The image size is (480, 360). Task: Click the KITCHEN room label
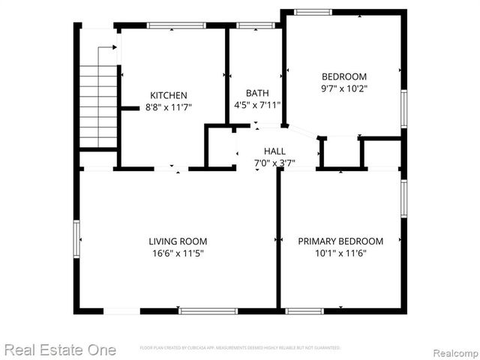(169, 95)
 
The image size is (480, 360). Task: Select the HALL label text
(274, 151)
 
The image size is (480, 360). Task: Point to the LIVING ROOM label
(178, 241)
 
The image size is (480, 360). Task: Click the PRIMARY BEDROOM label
(340, 241)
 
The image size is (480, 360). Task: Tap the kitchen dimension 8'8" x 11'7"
(169, 107)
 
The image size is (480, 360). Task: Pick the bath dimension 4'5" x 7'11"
(257, 104)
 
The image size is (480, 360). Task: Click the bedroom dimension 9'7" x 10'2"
(344, 88)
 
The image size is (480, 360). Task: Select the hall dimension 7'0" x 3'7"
(274, 163)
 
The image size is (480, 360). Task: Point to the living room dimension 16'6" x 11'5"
(178, 253)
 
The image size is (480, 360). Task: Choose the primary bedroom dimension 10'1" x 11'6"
(340, 253)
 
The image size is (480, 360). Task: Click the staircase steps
(99, 105)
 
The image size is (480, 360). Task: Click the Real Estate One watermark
(60, 349)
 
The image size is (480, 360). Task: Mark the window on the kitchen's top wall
(176, 25)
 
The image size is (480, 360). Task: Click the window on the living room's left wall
(76, 241)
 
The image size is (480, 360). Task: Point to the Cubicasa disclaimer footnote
(240, 348)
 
